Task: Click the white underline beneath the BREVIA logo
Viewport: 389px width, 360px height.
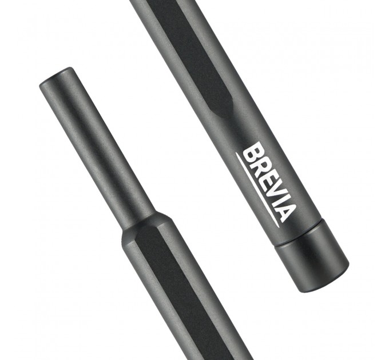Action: pyautogui.click(x=257, y=190)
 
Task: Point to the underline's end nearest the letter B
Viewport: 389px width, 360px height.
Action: pyautogui.click(x=236, y=153)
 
